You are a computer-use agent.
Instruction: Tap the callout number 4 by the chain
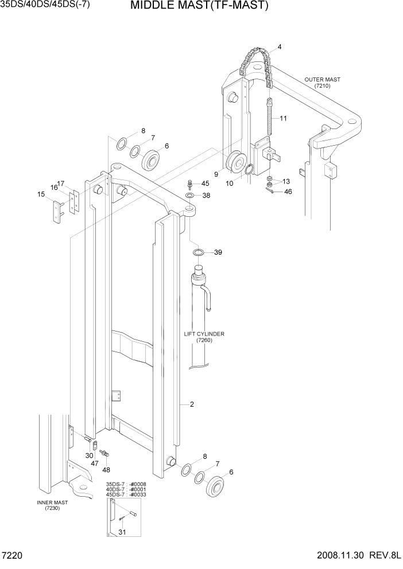pos(280,46)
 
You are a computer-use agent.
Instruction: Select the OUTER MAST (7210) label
pos(322,83)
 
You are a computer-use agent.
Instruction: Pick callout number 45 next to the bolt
pos(206,184)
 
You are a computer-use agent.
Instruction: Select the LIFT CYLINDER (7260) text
pos(204,337)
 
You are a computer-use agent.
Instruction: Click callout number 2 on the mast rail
pos(192,404)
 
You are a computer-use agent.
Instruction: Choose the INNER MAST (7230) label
pos(52,505)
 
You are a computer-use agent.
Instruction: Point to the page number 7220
pos(12,556)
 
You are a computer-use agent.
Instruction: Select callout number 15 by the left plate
pos(41,194)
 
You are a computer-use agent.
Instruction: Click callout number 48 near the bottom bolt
pos(105,470)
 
